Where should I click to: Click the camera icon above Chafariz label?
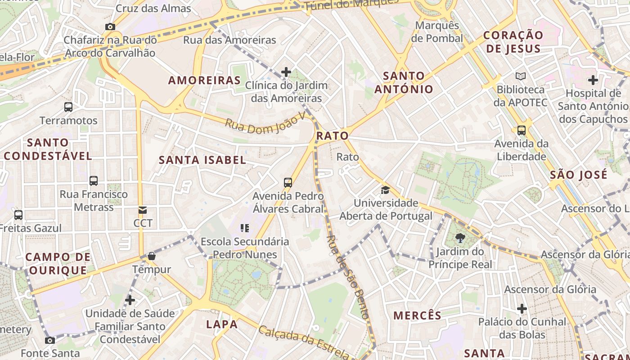110,27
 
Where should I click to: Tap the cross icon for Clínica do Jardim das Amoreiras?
286,72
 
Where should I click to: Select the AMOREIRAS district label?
204,81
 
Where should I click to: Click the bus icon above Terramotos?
68,107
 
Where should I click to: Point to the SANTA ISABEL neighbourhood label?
202,160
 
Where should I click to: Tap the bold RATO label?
333,136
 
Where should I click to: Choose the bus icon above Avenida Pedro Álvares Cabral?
288,183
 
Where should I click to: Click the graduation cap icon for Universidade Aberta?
385,190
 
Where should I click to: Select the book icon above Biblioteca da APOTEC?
521,76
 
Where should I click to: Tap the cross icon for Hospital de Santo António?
593,81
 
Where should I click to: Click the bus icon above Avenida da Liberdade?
522,130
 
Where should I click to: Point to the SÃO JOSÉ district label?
579,175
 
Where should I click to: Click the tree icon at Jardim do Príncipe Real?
460,238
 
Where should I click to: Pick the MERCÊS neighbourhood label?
418,315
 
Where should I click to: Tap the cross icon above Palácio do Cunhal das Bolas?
522,309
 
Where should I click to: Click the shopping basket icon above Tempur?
152,256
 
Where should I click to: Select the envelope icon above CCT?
143,210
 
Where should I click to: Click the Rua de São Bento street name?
347,277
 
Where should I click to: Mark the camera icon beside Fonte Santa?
50,340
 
